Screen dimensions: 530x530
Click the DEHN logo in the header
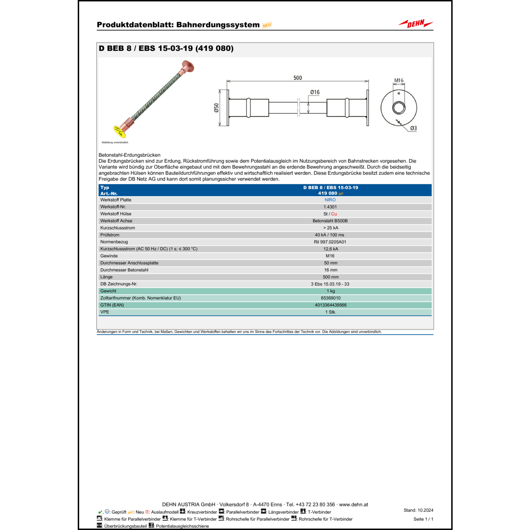point(416,24)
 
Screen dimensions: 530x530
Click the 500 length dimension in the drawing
point(298,78)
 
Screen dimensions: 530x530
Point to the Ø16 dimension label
point(315,92)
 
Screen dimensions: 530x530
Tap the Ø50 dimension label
point(216,108)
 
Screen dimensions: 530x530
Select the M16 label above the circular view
point(399,81)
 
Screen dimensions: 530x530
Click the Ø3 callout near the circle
point(413,128)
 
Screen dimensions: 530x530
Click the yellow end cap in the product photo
point(119,131)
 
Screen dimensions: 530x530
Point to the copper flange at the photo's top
point(188,66)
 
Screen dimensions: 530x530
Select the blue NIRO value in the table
point(330,200)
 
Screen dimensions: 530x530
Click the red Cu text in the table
point(334,214)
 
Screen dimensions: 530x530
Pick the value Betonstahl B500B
point(330,221)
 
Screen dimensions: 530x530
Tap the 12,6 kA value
point(331,249)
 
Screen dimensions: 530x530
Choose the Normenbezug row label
point(114,242)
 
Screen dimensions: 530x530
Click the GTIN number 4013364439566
point(331,305)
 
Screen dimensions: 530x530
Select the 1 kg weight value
point(331,291)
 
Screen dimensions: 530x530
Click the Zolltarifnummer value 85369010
point(331,298)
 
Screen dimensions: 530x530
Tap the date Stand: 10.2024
point(418,510)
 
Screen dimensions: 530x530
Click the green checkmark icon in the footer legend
point(100,512)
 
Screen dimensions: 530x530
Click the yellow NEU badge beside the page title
point(267,25)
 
